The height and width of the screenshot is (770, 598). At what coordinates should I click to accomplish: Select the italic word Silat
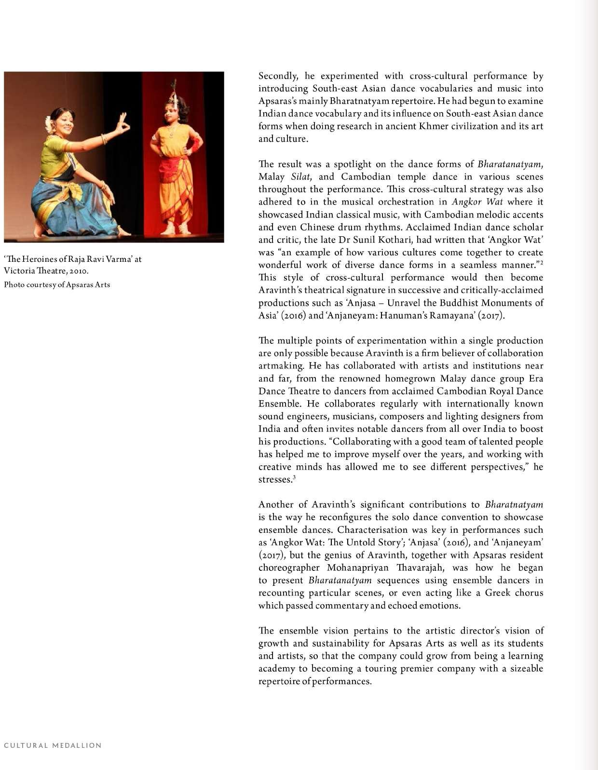[300, 177]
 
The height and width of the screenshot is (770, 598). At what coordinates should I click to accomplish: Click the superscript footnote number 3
[294, 477]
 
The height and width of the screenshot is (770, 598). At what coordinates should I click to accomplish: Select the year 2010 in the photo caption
[79, 271]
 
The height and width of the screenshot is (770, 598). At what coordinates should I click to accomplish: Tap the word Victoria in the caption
[18, 271]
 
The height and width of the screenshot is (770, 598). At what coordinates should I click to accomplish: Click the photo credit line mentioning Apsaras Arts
[57, 284]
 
